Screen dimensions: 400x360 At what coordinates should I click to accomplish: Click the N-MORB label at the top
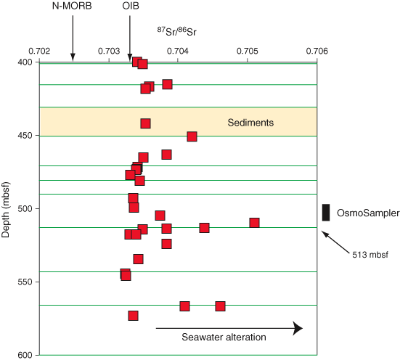click(x=72, y=6)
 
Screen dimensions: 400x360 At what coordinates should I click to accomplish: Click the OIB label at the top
click(x=131, y=6)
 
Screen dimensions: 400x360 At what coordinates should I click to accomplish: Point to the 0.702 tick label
click(x=39, y=52)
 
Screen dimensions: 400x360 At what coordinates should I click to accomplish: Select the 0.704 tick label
click(x=178, y=52)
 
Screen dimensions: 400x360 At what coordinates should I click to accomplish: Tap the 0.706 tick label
click(x=317, y=52)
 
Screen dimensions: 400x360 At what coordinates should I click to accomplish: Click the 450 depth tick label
click(x=25, y=136)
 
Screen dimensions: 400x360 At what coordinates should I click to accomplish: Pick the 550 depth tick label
click(x=25, y=282)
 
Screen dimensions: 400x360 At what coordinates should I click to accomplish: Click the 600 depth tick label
click(x=25, y=355)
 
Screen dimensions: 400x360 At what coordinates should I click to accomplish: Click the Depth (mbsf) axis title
click(x=5, y=210)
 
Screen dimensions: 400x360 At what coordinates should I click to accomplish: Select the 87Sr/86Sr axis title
click(x=177, y=32)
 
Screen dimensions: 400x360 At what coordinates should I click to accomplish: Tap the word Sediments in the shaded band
click(x=250, y=123)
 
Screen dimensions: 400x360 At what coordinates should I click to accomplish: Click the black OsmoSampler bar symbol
click(x=326, y=212)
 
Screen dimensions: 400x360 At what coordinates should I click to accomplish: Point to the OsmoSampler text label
click(x=368, y=213)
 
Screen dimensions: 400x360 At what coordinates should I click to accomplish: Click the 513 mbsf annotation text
click(x=370, y=255)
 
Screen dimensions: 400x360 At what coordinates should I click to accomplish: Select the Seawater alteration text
click(x=224, y=337)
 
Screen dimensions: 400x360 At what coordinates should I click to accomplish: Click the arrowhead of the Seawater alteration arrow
click(x=298, y=328)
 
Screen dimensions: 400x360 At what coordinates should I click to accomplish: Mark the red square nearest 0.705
click(x=254, y=223)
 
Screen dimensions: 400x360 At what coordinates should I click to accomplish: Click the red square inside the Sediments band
click(x=145, y=123)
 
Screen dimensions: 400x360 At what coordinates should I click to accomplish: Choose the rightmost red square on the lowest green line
click(x=220, y=306)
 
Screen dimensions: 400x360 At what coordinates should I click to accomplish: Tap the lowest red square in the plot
click(x=133, y=316)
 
